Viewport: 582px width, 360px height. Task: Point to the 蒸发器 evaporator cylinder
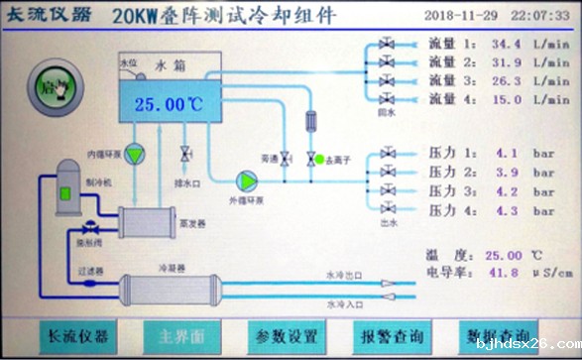(147, 220)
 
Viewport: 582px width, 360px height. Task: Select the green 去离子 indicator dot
(310, 158)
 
